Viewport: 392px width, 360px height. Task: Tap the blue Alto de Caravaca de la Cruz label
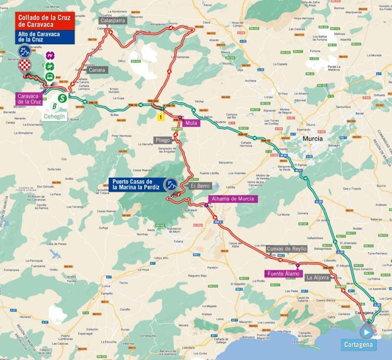click(45, 37)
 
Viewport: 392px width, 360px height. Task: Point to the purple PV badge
click(50, 56)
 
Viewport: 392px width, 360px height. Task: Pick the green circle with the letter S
click(62, 98)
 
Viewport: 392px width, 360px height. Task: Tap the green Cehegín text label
click(55, 116)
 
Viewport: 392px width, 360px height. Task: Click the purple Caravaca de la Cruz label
click(29, 99)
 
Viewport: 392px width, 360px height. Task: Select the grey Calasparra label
click(112, 20)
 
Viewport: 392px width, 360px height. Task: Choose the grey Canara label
click(97, 70)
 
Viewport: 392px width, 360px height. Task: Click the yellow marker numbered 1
click(160, 118)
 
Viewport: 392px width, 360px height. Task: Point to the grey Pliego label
click(163, 140)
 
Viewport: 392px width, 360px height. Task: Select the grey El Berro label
click(200, 186)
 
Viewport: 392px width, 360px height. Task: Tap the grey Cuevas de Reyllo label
click(286, 249)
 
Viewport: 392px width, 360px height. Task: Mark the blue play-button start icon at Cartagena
click(366, 332)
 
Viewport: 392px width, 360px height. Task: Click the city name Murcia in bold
click(312, 139)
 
